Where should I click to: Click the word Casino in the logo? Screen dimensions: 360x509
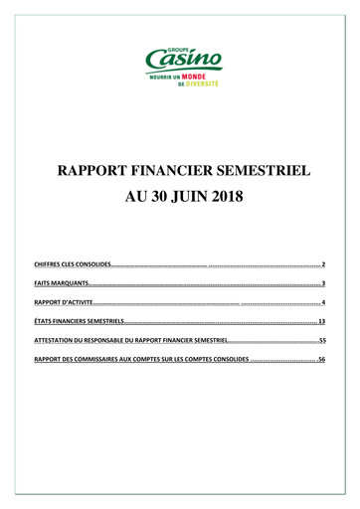click(x=181, y=62)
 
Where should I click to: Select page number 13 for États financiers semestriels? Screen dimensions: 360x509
click(x=322, y=322)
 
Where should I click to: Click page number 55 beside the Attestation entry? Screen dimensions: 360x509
click(x=322, y=341)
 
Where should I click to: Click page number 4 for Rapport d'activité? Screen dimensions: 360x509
click(x=324, y=303)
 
